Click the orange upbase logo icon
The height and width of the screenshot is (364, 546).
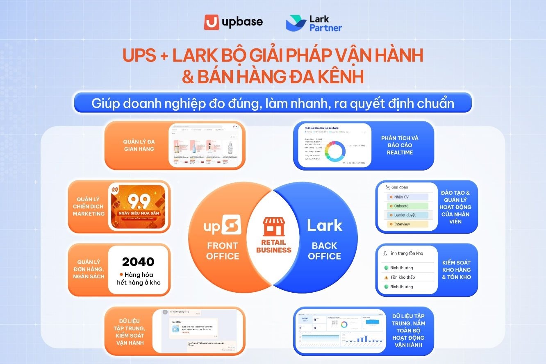pyautogui.click(x=212, y=22)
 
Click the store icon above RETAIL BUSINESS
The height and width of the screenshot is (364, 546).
pyautogui.click(x=274, y=226)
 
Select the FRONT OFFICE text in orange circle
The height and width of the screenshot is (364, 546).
pyautogui.click(x=223, y=251)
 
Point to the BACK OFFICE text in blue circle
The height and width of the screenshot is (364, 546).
pyautogui.click(x=325, y=251)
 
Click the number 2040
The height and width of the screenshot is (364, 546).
pyautogui.click(x=138, y=262)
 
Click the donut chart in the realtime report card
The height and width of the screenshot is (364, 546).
pyautogui.click(x=335, y=150)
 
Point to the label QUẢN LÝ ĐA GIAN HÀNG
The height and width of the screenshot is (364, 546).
pyautogui.click(x=139, y=145)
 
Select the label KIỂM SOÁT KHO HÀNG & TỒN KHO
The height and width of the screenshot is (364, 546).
pyautogui.click(x=456, y=270)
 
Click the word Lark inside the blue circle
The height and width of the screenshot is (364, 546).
pyautogui.click(x=325, y=225)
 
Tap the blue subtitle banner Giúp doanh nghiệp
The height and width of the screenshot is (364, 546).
pyautogui.click(x=273, y=103)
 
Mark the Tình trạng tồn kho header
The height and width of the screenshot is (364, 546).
pyautogui.click(x=405, y=253)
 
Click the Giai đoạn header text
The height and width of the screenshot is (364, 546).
pyautogui.click(x=400, y=188)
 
